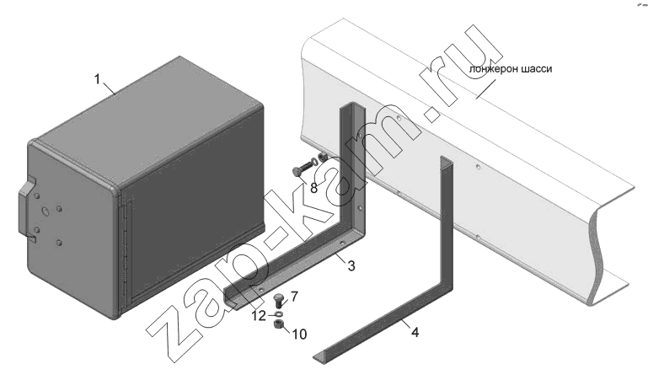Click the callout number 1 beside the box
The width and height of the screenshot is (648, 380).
(98, 79)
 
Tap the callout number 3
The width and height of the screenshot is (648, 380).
(351, 265)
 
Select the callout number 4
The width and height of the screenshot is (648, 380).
(415, 332)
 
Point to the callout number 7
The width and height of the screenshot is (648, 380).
(294, 296)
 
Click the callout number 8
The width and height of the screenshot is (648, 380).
(313, 189)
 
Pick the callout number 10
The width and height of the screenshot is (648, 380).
(300, 335)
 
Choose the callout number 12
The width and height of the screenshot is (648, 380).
(260, 316)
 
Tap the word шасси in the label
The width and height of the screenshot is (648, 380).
(536, 69)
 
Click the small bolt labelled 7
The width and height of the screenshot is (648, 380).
(279, 301)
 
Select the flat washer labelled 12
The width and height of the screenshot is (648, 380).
(279, 315)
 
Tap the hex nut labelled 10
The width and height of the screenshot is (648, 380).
(279, 324)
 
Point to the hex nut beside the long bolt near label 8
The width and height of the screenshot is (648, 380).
(324, 157)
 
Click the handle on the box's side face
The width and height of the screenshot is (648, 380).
(26, 209)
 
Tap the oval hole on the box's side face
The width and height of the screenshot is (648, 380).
(45, 211)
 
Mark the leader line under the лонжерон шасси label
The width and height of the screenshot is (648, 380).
(485, 88)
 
